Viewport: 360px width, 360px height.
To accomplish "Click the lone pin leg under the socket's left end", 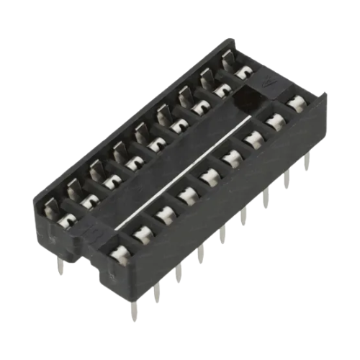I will click(60, 267).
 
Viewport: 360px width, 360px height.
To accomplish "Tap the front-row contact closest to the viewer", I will click(120, 251).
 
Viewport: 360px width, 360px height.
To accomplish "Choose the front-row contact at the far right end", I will click(295, 103).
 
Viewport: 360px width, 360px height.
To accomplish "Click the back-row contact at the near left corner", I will click(66, 219).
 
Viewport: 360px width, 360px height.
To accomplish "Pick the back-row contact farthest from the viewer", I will click(243, 71).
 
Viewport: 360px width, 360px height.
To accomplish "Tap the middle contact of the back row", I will click(156, 143).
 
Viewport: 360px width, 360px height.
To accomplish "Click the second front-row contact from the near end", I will click(143, 231).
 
